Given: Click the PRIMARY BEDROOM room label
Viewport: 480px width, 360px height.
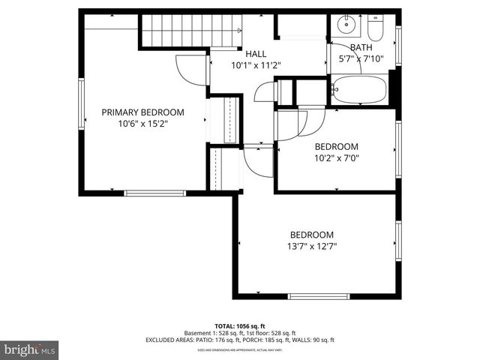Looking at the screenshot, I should tap(142, 112).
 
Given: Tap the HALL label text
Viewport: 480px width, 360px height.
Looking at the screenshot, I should tap(255, 54).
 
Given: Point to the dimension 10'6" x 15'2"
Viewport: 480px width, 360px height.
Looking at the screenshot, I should tap(142, 124).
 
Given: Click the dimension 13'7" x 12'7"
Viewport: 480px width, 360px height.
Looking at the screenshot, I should tap(312, 246).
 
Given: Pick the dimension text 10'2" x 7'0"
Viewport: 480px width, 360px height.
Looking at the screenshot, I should tap(336, 158).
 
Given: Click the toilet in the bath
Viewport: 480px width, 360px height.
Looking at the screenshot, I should tap(375, 28).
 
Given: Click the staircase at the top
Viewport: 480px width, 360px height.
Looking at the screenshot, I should tap(190, 31).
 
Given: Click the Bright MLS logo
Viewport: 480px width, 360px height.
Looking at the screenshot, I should tap(30, 349).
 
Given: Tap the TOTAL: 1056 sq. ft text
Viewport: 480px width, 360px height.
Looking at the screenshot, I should tap(240, 326).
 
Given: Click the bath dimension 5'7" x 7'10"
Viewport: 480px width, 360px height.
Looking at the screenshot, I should tap(361, 58).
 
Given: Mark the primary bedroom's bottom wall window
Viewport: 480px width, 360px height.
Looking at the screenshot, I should tap(154, 193).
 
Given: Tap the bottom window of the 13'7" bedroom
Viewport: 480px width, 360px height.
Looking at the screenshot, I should tap(318, 296).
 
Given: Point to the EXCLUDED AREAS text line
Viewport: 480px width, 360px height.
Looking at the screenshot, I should tap(240, 340).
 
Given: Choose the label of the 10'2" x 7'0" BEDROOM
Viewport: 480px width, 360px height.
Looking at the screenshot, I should tap(336, 146).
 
